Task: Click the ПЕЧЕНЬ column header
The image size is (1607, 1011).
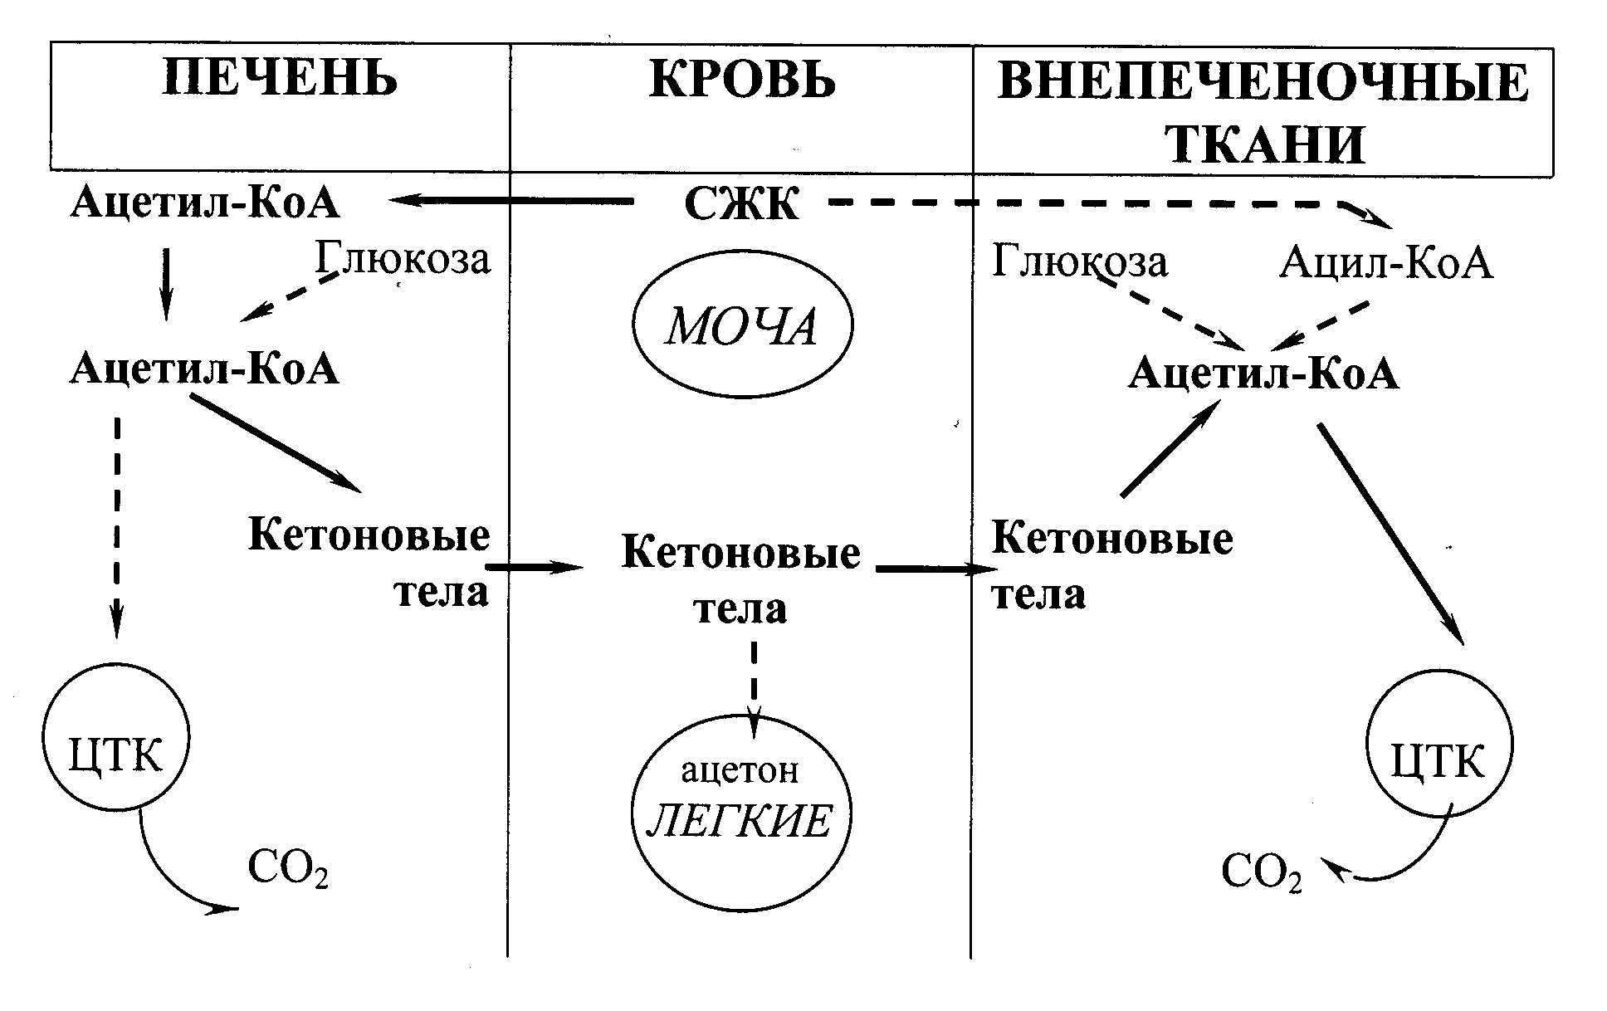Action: click(280, 80)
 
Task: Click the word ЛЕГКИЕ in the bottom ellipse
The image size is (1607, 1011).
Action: click(739, 822)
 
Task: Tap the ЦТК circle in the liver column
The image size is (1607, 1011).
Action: click(116, 738)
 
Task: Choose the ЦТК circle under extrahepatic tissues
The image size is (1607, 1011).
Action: click(1438, 745)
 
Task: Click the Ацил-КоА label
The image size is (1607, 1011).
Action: click(1385, 264)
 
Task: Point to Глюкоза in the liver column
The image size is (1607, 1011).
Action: click(403, 258)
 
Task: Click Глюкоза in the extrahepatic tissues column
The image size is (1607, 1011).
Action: click(1080, 263)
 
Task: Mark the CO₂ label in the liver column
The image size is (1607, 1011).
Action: click(288, 869)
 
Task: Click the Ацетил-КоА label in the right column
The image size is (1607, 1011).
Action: click(1263, 374)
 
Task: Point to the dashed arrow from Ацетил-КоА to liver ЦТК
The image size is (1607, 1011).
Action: click(117, 527)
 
